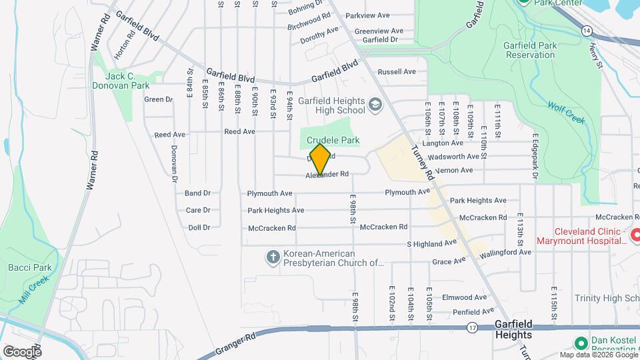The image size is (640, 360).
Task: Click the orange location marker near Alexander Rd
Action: (x=321, y=159)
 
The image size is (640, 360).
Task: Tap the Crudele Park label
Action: (x=333, y=141)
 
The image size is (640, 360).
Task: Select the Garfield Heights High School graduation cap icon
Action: (x=375, y=105)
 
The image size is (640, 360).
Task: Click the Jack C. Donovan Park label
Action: (x=121, y=81)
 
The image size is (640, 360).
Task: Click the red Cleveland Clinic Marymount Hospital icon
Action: (x=635, y=235)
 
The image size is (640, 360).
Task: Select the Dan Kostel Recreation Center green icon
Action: (x=580, y=343)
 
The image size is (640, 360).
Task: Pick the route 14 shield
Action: (x=586, y=31)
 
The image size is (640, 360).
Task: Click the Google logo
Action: (x=22, y=351)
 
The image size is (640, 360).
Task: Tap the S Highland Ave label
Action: (x=432, y=244)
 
